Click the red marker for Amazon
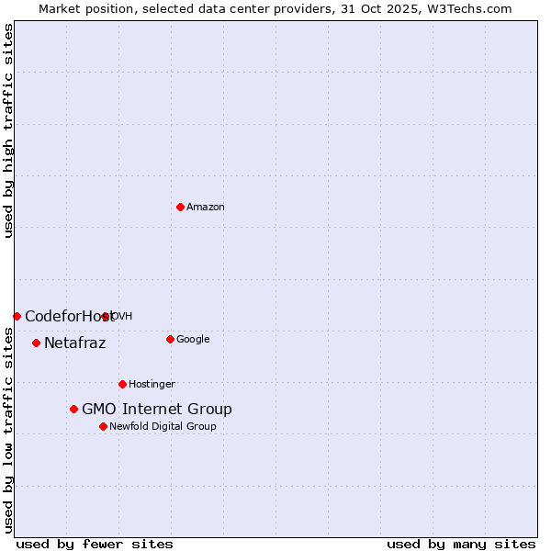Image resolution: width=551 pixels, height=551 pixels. point(180,207)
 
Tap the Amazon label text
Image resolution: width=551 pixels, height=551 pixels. point(206,208)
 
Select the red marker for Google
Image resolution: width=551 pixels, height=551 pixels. point(170,339)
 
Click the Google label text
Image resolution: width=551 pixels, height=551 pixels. point(193,340)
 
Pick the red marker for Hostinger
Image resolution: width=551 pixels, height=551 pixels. point(122,384)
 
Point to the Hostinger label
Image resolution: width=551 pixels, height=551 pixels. point(152,385)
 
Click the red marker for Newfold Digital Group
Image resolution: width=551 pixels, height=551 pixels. point(103,426)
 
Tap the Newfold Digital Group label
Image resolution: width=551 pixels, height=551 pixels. point(163,427)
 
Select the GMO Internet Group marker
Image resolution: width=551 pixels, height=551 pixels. point(73,409)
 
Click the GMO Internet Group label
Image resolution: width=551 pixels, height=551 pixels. point(157,410)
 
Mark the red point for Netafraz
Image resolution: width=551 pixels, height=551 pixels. point(36,343)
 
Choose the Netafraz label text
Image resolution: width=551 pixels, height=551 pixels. point(75,343)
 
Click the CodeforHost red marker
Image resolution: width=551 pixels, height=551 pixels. point(17,316)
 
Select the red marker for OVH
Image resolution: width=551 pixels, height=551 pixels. point(106,316)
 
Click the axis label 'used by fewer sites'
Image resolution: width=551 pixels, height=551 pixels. point(95,544)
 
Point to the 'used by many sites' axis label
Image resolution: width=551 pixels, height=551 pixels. point(461,544)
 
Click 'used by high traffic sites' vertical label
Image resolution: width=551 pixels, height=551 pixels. point(8,130)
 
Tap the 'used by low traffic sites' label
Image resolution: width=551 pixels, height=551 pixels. point(8,430)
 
